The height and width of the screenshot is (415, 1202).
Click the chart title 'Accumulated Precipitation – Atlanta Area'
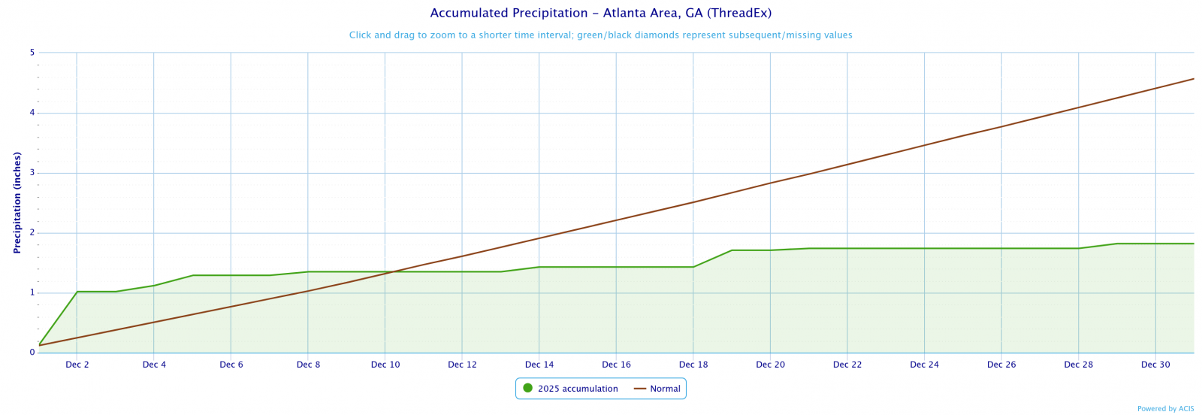click(x=600, y=14)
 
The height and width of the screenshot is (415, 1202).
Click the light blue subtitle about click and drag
click(x=600, y=35)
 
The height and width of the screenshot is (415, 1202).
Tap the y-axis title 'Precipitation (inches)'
click(x=17, y=202)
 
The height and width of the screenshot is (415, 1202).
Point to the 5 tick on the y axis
click(x=32, y=53)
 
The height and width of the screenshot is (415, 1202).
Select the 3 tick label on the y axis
click(x=32, y=173)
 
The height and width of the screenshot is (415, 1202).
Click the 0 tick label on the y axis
click(x=32, y=353)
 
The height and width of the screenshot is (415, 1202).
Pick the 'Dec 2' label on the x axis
click(x=77, y=365)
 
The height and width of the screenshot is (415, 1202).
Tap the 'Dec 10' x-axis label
click(x=385, y=365)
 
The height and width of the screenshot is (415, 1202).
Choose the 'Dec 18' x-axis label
click(x=693, y=365)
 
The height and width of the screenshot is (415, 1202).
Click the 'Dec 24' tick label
click(x=924, y=365)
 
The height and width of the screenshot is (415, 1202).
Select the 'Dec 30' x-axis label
click(x=1155, y=365)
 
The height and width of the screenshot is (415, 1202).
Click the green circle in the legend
click(x=527, y=389)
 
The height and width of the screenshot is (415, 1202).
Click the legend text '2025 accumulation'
click(x=578, y=389)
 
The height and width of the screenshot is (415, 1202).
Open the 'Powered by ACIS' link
click(x=1165, y=409)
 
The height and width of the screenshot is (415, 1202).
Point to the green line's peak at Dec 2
click(x=77, y=292)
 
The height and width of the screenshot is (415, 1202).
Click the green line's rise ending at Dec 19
click(x=732, y=250)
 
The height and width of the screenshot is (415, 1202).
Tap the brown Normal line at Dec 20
click(x=770, y=183)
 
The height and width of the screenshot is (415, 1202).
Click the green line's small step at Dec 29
click(x=1117, y=244)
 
